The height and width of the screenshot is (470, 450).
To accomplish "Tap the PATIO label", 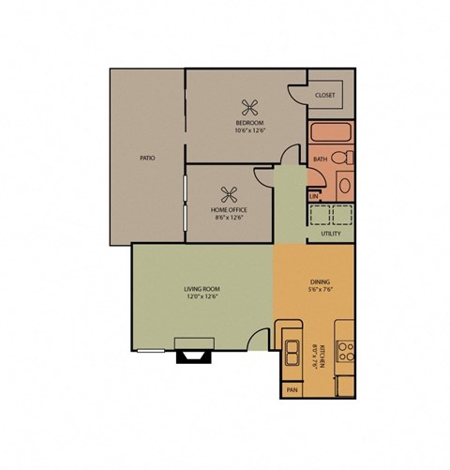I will click(147, 159).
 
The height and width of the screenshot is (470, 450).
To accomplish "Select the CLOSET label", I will click(325, 96).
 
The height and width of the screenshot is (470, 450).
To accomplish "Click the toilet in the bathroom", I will click(343, 159).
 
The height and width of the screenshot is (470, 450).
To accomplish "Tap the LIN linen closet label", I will click(314, 196).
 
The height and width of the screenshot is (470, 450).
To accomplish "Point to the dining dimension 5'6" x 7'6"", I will click(319, 290).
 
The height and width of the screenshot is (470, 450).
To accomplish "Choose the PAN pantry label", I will click(292, 387).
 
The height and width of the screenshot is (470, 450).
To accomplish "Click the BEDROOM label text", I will click(249, 123).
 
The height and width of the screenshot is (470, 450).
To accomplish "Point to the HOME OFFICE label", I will click(230, 210).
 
